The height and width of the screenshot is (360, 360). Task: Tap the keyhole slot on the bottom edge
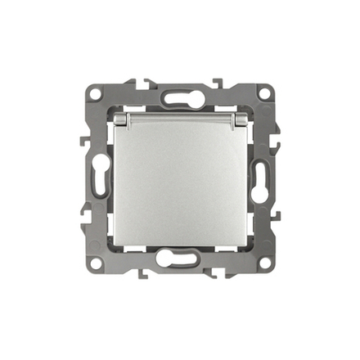click(179, 262)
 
